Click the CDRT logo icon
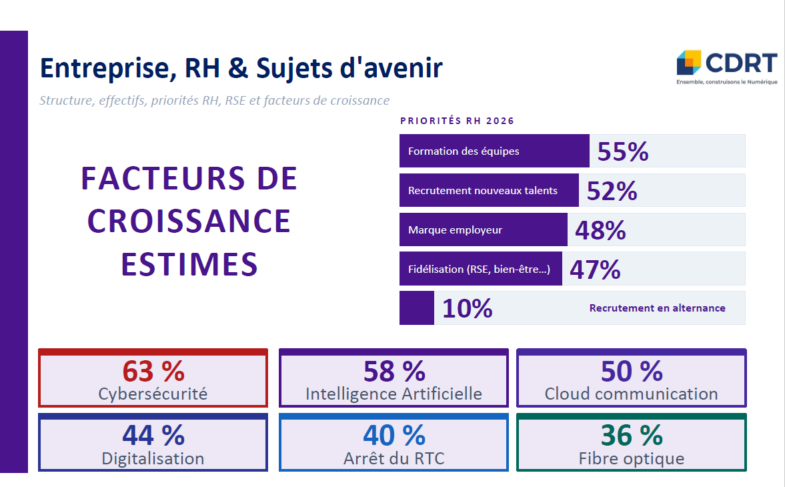(689, 62)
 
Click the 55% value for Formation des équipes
(623, 152)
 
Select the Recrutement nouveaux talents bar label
(482, 191)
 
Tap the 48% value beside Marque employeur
(600, 231)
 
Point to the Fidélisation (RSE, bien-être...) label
(479, 270)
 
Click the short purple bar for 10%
(416, 308)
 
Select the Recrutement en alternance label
(657, 308)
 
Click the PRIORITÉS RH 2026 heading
(457, 121)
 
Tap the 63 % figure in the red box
(153, 370)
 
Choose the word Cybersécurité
(153, 394)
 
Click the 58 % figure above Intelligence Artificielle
(394, 370)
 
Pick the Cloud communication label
(631, 394)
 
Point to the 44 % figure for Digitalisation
(153, 435)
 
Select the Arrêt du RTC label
(394, 458)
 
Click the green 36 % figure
(632, 435)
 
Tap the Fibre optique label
(631, 458)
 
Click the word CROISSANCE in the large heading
(189, 221)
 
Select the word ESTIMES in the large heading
(189, 264)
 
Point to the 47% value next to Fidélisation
(595, 270)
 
